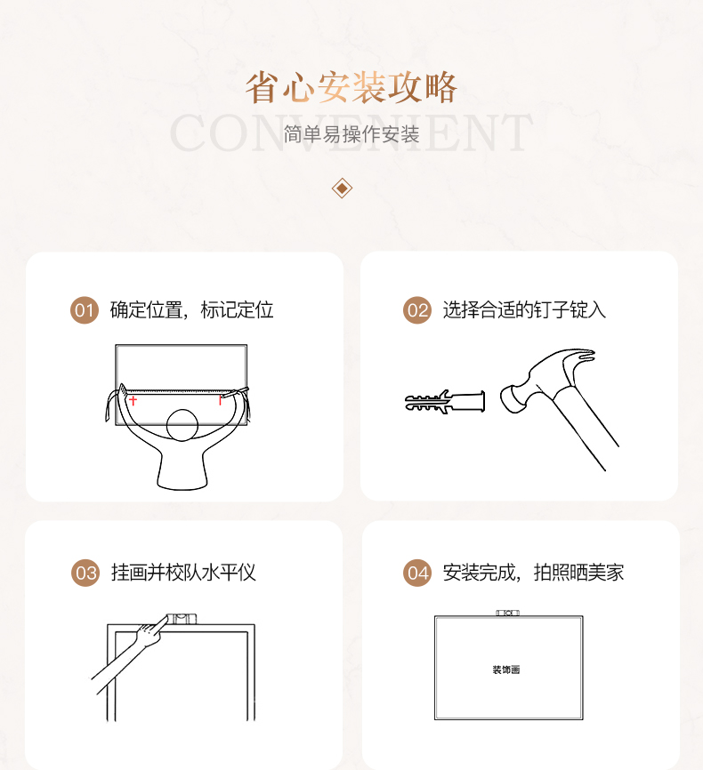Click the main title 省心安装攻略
coord(351,87)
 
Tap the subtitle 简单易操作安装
coord(351,134)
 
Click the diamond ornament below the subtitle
coord(342,188)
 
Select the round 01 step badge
coord(84,310)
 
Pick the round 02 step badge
coord(417,310)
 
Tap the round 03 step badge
coord(85,573)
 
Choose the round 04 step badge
coord(417,573)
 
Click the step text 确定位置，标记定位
coord(191,309)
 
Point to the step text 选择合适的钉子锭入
coord(524,309)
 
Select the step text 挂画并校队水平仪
coord(183,572)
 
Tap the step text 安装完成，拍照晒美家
coord(533,572)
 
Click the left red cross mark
coord(133,401)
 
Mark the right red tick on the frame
coord(220,400)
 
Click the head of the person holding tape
coord(182,425)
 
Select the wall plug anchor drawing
coord(445,402)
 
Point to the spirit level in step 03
coord(181,618)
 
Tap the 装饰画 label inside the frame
coord(506,670)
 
